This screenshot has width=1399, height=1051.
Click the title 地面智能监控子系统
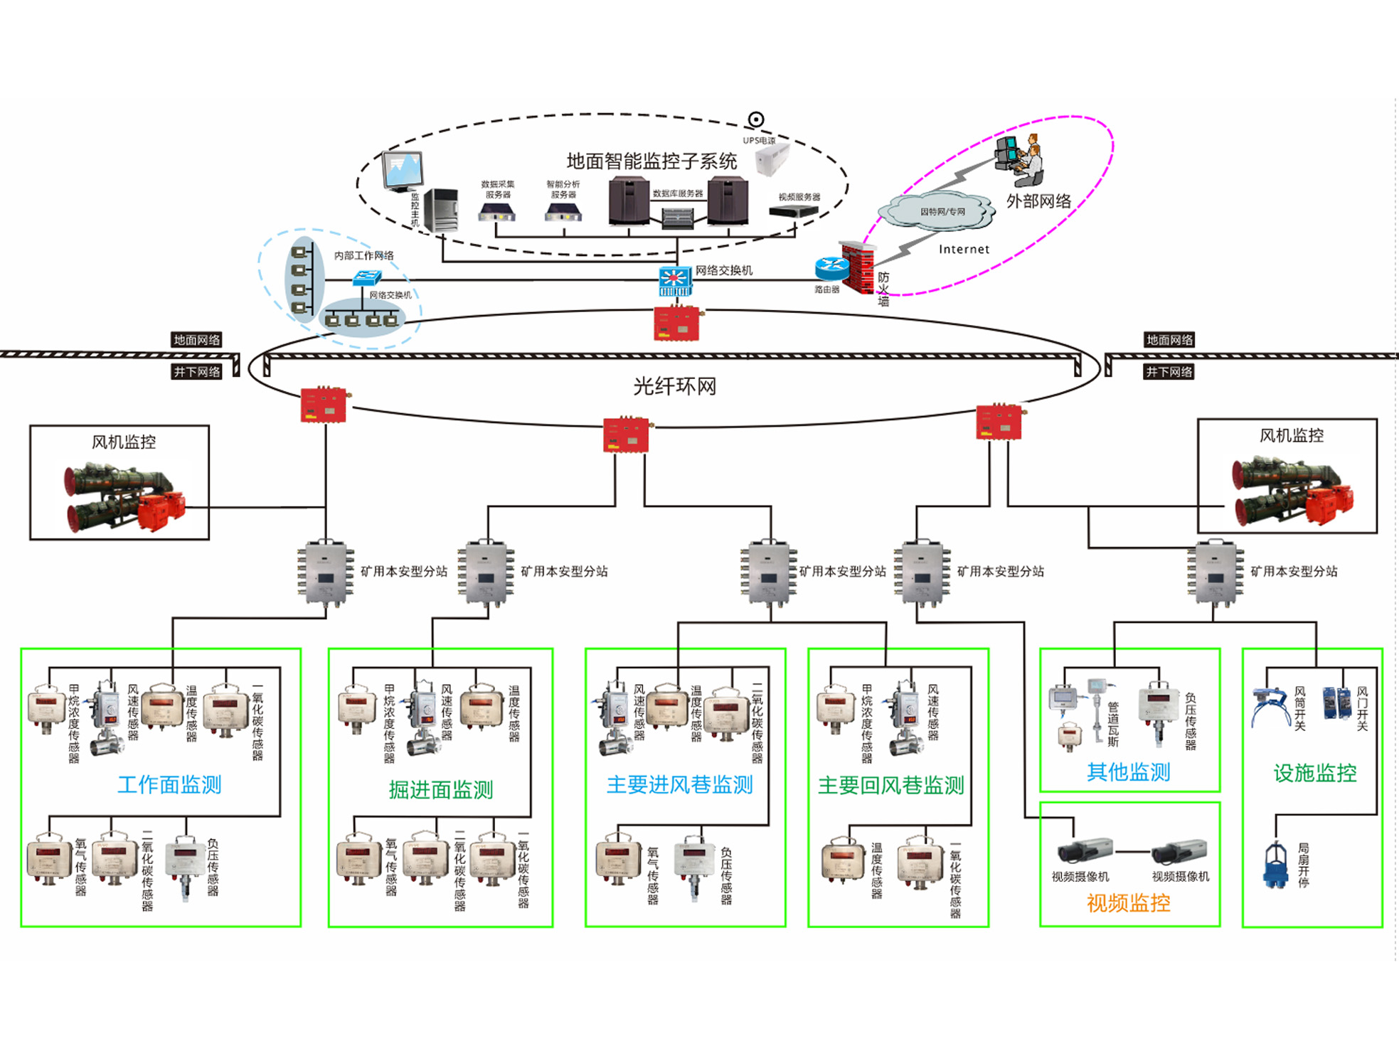[x=651, y=161]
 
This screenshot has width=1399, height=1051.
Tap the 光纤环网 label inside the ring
[x=674, y=387]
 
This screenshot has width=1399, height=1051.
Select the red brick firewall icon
[x=858, y=267]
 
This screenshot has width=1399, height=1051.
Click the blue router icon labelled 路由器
[x=831, y=268]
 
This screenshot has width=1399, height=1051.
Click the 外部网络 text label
[x=1038, y=201]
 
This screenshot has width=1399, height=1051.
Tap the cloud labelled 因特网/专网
[x=938, y=211]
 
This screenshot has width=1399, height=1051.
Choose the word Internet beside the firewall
[x=964, y=250]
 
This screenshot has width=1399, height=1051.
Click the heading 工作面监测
[x=169, y=785]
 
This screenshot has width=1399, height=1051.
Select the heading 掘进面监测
[x=441, y=789]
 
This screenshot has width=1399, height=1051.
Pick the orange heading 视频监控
[x=1128, y=903]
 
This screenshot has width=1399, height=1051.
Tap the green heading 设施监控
[x=1314, y=773]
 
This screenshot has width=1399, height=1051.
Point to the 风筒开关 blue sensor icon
[x=1270, y=705]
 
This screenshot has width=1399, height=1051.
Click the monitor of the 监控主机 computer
[x=403, y=171]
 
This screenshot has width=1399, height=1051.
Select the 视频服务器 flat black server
[x=794, y=211]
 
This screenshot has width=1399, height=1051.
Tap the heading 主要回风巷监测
[x=890, y=786]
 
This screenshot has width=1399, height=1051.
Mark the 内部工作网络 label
[x=363, y=256]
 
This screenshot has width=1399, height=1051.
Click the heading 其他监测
[x=1128, y=772]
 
